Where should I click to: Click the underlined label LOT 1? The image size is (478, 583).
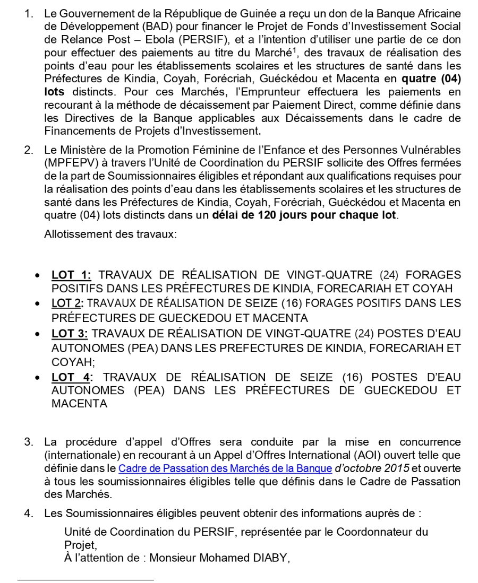(71, 275)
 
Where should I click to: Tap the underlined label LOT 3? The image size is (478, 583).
(70, 334)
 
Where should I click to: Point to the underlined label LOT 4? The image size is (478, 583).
(72, 377)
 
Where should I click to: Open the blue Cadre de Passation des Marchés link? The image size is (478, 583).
(225, 468)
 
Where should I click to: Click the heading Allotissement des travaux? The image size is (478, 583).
(110, 234)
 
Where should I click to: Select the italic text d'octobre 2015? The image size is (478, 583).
(372, 468)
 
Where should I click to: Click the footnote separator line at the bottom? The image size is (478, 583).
(85, 579)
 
